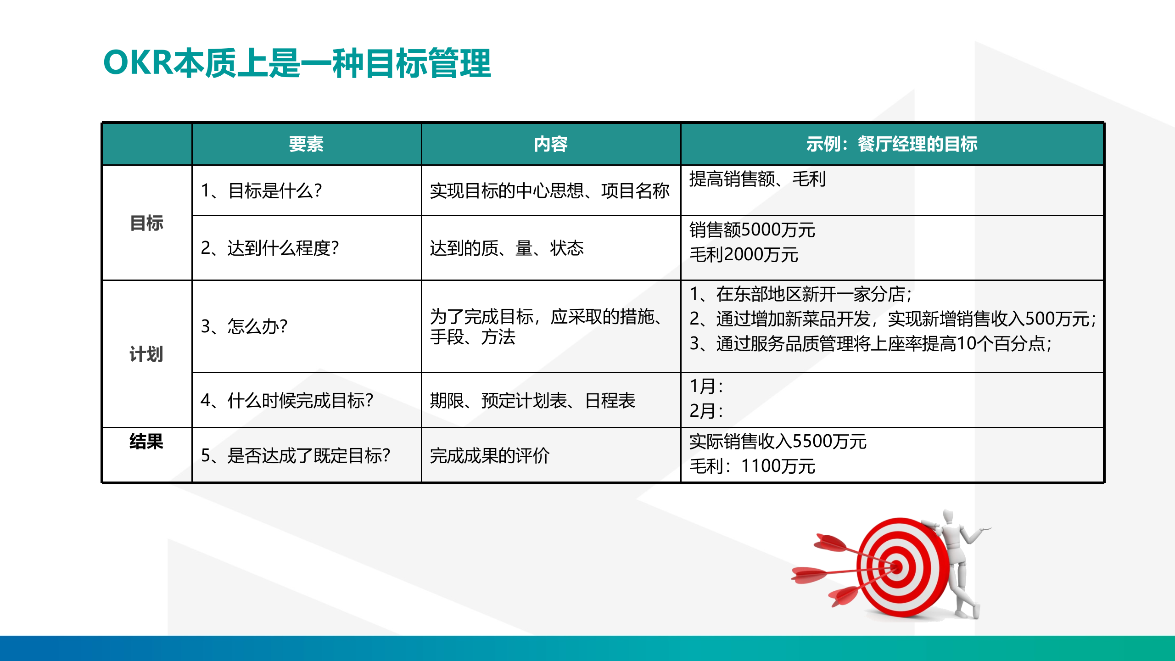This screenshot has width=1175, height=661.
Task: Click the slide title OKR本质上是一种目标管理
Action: click(297, 63)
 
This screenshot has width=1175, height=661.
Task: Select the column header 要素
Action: click(306, 144)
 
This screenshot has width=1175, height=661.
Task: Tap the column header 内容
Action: click(550, 144)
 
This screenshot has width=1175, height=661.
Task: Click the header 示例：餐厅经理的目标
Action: click(891, 144)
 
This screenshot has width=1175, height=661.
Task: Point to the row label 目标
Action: click(146, 223)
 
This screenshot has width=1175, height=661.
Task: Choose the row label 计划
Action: click(146, 354)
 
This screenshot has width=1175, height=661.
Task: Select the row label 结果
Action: click(146, 442)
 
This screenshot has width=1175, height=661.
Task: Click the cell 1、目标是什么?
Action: click(262, 190)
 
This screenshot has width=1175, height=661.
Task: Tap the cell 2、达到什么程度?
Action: click(270, 248)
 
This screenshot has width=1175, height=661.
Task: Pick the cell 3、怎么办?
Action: click(244, 326)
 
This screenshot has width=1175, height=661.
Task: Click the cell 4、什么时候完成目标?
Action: click(287, 401)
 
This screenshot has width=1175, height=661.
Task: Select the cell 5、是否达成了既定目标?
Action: click(296, 456)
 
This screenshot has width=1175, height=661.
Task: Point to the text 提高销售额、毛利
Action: click(757, 179)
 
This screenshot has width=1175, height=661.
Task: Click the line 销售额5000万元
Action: click(752, 230)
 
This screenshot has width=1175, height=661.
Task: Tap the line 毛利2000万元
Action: click(744, 255)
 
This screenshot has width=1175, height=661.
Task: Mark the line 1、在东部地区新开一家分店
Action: click(800, 294)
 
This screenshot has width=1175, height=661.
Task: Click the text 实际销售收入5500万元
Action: click(778, 442)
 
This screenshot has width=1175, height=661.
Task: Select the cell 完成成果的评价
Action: click(489, 456)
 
